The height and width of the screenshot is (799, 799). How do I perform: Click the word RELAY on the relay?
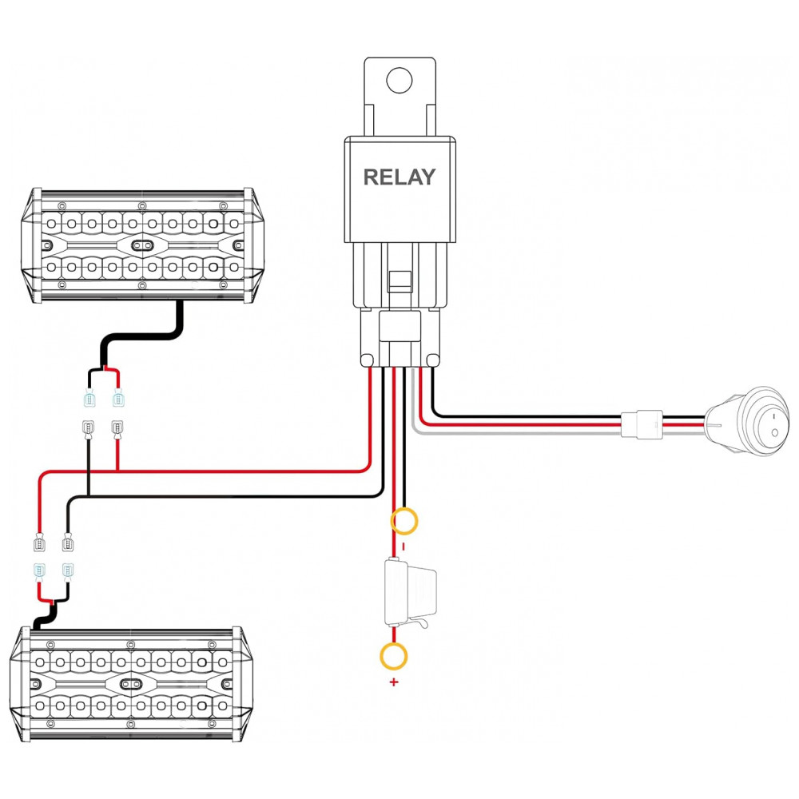[399, 177]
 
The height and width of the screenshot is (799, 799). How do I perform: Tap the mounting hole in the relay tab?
[399, 81]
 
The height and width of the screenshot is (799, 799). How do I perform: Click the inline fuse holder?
[410, 593]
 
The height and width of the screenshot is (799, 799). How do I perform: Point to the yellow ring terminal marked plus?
[393, 656]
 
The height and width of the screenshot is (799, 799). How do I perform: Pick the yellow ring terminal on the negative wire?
[404, 521]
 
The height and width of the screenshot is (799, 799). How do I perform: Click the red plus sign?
[393, 682]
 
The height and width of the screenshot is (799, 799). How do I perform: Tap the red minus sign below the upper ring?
[403, 547]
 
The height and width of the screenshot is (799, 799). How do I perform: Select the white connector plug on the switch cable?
[642, 424]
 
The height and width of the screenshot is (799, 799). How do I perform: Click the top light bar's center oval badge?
[143, 245]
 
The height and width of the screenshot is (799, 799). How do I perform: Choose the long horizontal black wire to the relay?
[225, 495]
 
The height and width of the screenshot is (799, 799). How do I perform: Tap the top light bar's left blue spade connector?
[90, 399]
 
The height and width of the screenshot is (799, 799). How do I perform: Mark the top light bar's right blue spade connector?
[119, 399]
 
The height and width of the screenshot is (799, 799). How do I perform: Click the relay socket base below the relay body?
[399, 337]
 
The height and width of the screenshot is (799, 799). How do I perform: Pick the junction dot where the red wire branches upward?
[117, 471]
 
